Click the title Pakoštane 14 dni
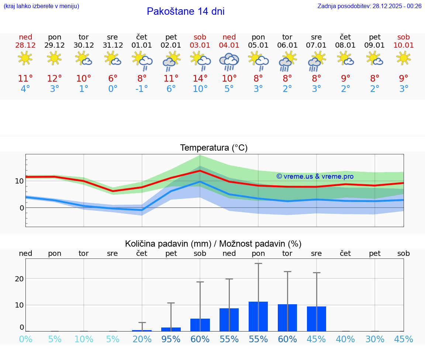tap(186, 11)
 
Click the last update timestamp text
tap(369, 6)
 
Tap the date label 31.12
tap(113, 45)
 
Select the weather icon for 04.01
tap(229, 61)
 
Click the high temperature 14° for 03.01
tap(200, 79)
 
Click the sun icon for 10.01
tap(404, 58)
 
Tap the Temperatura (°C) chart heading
tap(214, 148)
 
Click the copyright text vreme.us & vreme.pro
tap(315, 176)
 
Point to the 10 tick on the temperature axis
tap(19, 181)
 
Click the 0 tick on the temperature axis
tap(22, 208)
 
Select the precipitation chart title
tap(213, 244)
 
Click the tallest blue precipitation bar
tap(258, 316)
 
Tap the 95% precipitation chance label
tap(171, 339)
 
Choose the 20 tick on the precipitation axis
tap(19, 278)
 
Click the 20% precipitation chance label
tap(142, 339)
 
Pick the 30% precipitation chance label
tap(375, 339)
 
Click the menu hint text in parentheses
tap(41, 6)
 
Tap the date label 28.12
tap(25, 45)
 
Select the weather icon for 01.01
tap(142, 61)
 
